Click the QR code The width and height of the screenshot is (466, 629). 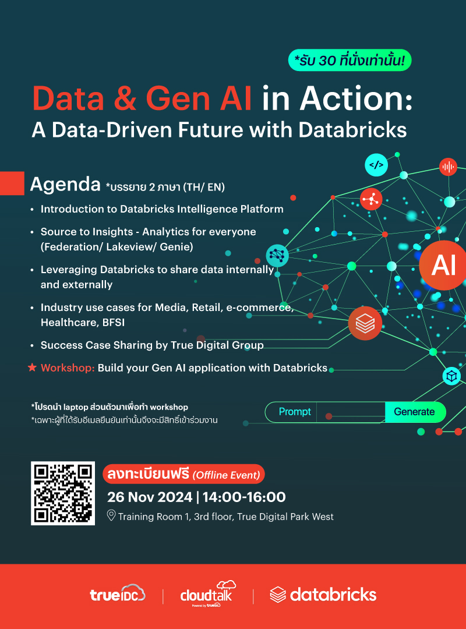[x=63, y=493]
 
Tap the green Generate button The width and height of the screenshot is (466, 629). [x=415, y=412]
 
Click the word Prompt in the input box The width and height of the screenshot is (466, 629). [x=295, y=412]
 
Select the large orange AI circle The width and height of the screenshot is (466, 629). [x=443, y=265]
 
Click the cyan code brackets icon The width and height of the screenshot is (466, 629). [x=376, y=165]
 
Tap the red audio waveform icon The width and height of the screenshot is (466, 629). [x=448, y=167]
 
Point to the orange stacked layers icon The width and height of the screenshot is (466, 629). [x=365, y=323]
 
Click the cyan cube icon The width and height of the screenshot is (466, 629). [x=451, y=376]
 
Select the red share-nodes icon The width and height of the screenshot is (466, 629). [x=371, y=199]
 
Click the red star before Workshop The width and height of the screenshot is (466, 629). [x=32, y=367]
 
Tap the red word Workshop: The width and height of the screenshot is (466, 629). [x=68, y=368]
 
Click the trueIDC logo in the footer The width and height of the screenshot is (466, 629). [x=118, y=593]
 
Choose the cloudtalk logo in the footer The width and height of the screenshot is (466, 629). [x=208, y=593]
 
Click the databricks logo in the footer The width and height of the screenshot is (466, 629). [x=323, y=595]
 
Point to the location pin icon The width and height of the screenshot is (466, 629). [x=111, y=515]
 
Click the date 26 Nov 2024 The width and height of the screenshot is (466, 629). [x=150, y=497]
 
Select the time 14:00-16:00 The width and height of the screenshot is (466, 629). [x=244, y=497]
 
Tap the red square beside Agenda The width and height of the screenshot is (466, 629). [x=12, y=183]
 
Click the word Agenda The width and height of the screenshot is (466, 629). [x=65, y=185]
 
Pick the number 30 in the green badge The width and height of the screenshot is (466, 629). [x=327, y=61]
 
